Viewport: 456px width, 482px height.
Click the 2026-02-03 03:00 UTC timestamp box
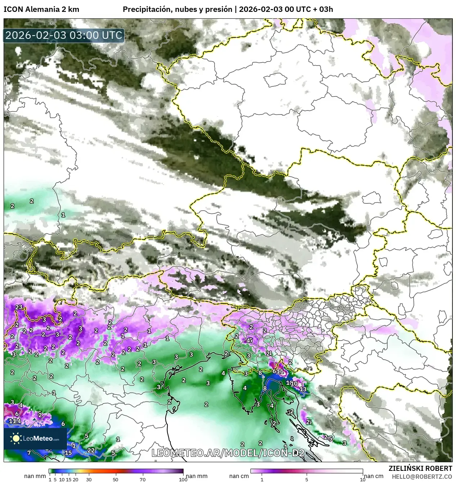(x=64, y=36)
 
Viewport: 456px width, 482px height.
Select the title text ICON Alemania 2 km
(x=41, y=9)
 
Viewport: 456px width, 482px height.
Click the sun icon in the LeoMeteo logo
(x=16, y=438)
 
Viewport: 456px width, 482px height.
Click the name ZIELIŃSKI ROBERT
(x=420, y=468)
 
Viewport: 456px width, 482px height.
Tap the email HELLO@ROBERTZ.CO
(x=422, y=476)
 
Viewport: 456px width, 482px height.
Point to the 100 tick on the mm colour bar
(x=183, y=479)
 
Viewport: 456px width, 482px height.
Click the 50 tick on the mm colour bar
(x=116, y=479)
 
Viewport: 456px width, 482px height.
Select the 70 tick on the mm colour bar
(x=143, y=479)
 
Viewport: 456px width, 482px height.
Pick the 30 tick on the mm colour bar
(x=89, y=479)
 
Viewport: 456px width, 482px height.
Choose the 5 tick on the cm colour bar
(x=307, y=479)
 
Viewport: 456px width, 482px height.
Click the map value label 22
(x=91, y=450)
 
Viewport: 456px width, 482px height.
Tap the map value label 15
(x=68, y=452)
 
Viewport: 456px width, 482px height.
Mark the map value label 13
(x=303, y=389)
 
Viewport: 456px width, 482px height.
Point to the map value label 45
(x=250, y=341)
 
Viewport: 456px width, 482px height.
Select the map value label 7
(x=29, y=452)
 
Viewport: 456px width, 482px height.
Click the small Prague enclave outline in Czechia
(x=276, y=80)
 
